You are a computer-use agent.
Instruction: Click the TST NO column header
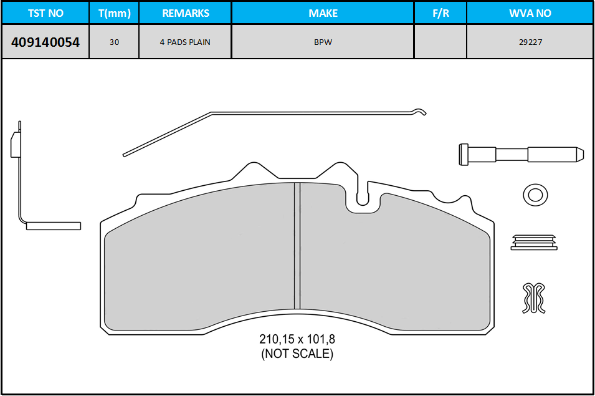point(45,13)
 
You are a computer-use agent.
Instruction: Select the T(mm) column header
point(114,13)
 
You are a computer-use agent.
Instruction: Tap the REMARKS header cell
point(186,13)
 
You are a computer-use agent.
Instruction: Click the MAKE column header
point(323,13)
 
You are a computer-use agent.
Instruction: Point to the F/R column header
point(440,13)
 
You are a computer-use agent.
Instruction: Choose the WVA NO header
point(530,13)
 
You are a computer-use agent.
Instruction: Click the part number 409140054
point(45,42)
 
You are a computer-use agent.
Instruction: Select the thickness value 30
point(114,42)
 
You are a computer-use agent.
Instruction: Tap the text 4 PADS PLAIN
point(185,42)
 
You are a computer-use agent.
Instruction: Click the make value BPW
point(323,42)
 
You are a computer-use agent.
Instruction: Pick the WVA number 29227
point(530,42)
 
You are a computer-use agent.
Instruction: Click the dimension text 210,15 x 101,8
point(297,339)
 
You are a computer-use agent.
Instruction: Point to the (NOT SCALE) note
point(297,354)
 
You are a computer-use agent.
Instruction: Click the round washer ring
point(535,195)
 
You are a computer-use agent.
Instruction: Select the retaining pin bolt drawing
point(521,155)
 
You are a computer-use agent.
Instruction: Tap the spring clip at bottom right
point(534,298)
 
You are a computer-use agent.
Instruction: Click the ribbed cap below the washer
point(534,242)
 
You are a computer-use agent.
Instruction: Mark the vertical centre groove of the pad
point(297,246)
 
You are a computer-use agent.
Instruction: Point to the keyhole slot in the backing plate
point(363,195)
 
